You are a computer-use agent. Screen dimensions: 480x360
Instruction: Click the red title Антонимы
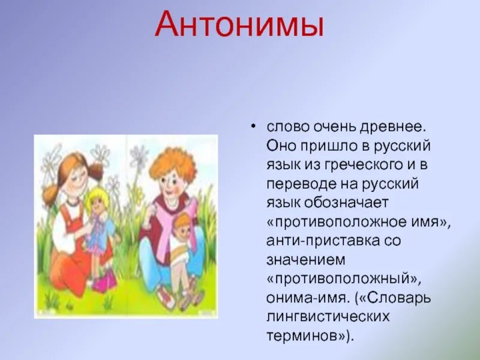point(239,25)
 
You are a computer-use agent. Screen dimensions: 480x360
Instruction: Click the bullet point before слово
point(253,126)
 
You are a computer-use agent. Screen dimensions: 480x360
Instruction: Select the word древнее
point(393,127)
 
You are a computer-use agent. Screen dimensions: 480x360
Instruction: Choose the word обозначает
point(346,203)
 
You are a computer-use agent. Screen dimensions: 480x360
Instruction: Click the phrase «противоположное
point(336,222)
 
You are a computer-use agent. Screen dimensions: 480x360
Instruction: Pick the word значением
point(306,260)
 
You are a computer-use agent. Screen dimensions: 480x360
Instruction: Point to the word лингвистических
point(328,317)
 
